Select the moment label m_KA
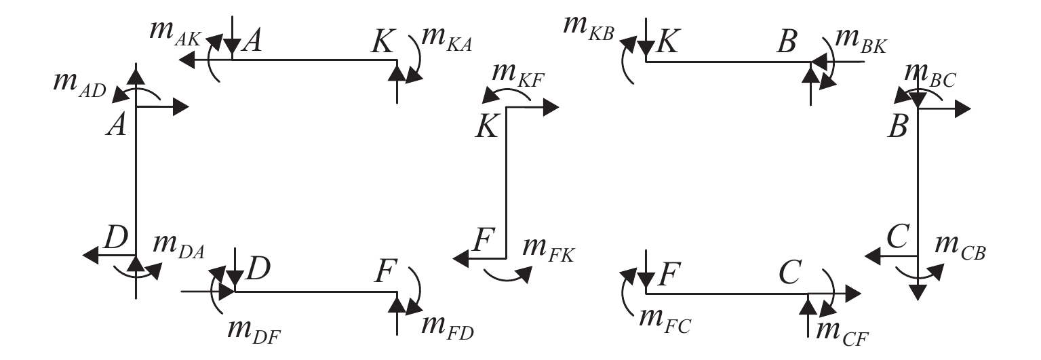pos(446,39)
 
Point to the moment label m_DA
pos(178,245)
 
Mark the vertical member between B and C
pos(917,183)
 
